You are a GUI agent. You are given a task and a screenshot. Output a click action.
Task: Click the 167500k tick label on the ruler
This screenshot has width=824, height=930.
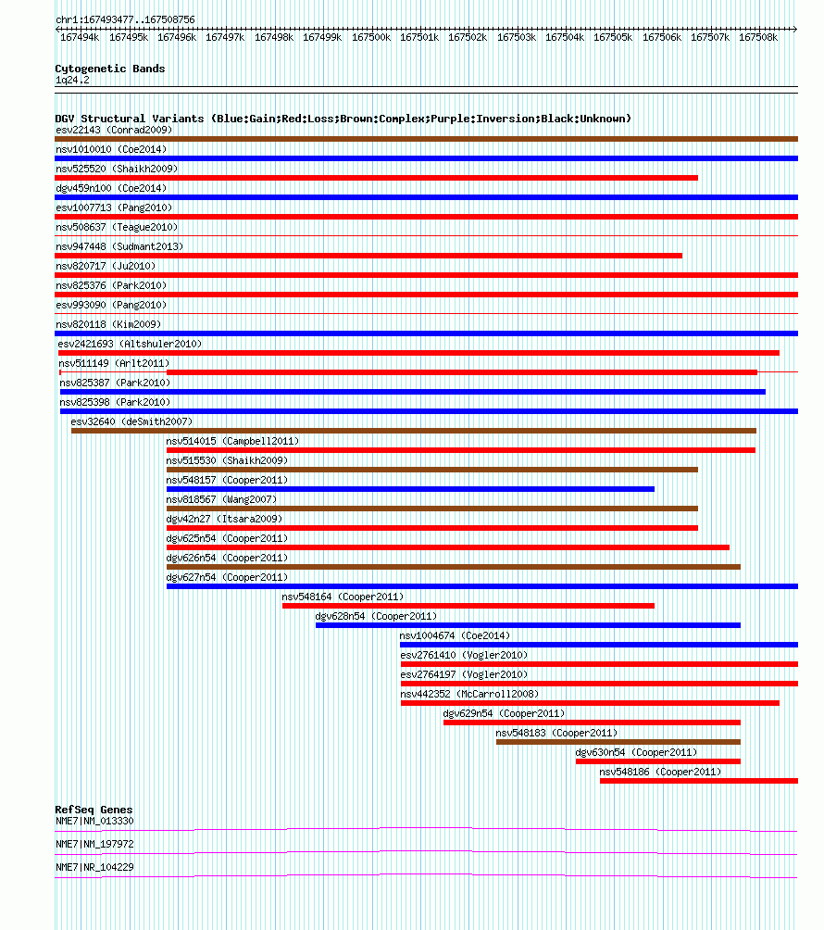pyautogui.click(x=371, y=37)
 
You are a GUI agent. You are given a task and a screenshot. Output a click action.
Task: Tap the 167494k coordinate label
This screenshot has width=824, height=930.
pyautogui.click(x=80, y=37)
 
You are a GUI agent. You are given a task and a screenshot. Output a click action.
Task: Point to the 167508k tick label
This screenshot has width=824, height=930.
pyautogui.click(x=758, y=37)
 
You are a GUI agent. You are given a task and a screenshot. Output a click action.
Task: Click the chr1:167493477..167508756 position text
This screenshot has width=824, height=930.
pyautogui.click(x=125, y=19)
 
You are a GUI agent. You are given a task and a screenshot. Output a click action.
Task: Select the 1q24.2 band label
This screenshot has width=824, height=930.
pyautogui.click(x=72, y=80)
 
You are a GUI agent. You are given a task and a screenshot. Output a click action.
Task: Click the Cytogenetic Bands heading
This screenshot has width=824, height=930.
pyautogui.click(x=110, y=69)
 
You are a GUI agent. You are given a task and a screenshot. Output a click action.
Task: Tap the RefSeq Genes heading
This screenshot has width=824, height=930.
pyautogui.click(x=94, y=810)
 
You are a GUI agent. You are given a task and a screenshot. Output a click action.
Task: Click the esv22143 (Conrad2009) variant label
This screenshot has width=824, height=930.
pyautogui.click(x=114, y=130)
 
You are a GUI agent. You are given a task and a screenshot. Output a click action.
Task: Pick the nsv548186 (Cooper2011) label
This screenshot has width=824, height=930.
pyautogui.click(x=660, y=772)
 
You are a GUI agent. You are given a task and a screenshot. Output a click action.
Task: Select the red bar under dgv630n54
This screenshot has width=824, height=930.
pyautogui.click(x=658, y=761)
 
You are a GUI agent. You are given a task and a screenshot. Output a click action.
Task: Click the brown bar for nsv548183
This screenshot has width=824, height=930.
pyautogui.click(x=618, y=742)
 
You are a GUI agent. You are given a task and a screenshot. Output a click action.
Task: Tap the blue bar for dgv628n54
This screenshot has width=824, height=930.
pyautogui.click(x=528, y=625)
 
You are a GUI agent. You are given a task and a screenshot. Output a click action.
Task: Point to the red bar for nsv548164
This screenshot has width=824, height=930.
pyautogui.click(x=468, y=606)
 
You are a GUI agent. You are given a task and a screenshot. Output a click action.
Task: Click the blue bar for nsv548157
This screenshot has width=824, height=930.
pyautogui.click(x=411, y=489)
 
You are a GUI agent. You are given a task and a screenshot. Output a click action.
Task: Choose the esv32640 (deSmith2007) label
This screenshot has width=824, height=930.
pyautogui.click(x=131, y=421)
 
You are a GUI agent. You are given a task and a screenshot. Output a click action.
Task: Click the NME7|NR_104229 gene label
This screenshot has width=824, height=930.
pyautogui.click(x=94, y=867)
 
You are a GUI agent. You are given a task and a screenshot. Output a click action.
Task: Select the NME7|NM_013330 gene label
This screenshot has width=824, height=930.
pyautogui.click(x=94, y=821)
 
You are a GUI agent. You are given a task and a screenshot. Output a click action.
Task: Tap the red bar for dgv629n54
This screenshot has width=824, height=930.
pyautogui.click(x=593, y=723)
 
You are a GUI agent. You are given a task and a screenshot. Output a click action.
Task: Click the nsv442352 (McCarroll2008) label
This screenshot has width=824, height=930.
pyautogui.click(x=469, y=694)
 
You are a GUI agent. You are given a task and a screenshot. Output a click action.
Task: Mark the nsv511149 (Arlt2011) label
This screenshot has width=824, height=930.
pyautogui.click(x=114, y=363)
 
